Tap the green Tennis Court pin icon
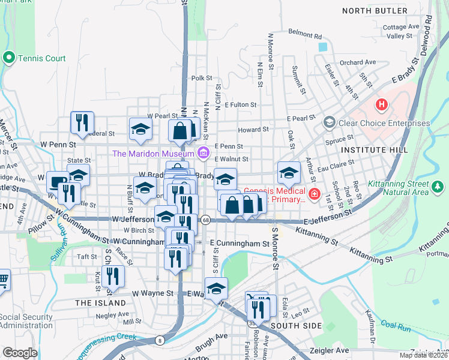pos(8,58)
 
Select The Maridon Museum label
pos(154,154)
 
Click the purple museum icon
pos(203,153)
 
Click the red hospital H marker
pos(381,105)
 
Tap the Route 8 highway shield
pos(160,341)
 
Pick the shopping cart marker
pos(3,278)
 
